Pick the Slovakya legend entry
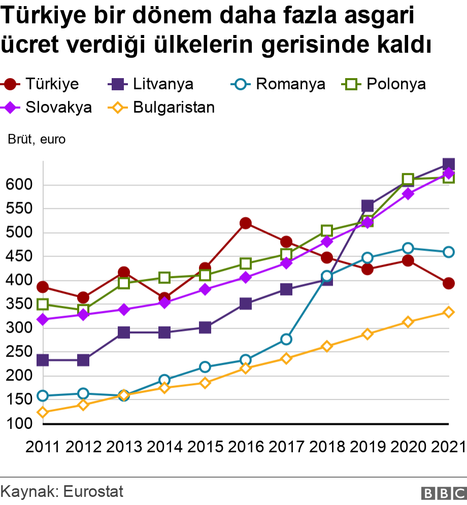pyautogui.click(x=48, y=107)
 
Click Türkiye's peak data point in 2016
pyautogui.click(x=246, y=224)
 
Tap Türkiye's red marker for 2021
pyautogui.click(x=449, y=283)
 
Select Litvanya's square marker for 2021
pyautogui.click(x=449, y=164)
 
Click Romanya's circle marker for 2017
pyautogui.click(x=286, y=339)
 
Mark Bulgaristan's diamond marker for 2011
pyautogui.click(x=43, y=413)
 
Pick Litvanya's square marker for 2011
pyautogui.click(x=43, y=360)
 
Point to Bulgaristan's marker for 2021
pyautogui.click(x=449, y=312)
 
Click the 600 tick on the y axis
pyautogui.click(x=19, y=185)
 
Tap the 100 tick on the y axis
pyautogui.click(x=19, y=424)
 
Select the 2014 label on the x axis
pyautogui.click(x=164, y=447)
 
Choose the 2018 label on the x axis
pyautogui.click(x=327, y=447)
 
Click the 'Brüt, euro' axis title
pyautogui.click(x=37, y=139)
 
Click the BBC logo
pyautogui.click(x=444, y=492)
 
